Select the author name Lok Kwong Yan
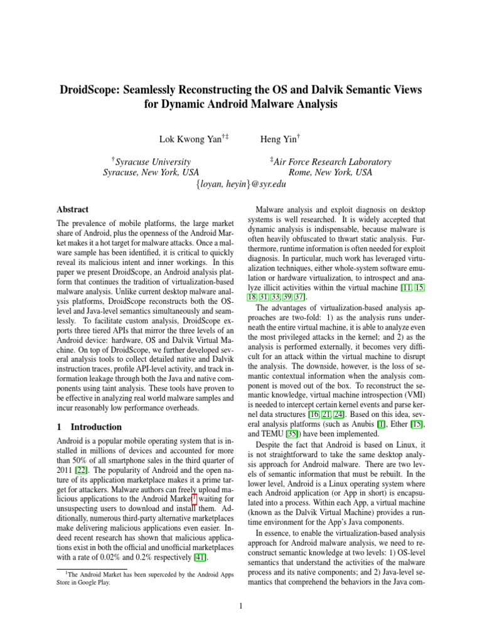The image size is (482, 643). pyautogui.click(x=189, y=138)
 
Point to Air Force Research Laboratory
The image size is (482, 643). pyautogui.click(x=331, y=162)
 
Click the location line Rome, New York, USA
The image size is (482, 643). pyautogui.click(x=330, y=173)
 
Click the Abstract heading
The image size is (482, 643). pyautogui.click(x=72, y=210)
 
